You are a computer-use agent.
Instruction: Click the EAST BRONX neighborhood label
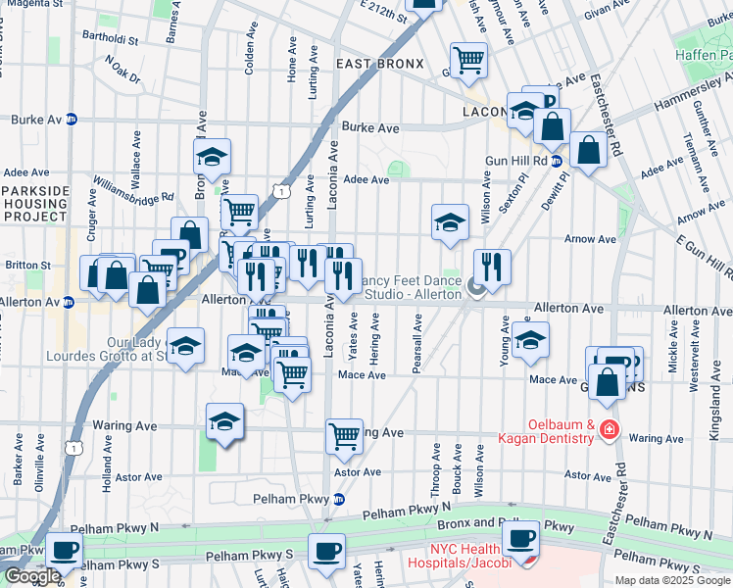point(379,64)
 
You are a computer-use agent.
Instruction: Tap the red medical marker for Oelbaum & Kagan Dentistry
point(609,429)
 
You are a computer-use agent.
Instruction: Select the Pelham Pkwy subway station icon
point(339,499)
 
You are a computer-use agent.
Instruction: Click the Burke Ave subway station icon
point(72,120)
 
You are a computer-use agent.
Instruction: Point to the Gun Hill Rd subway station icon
point(556,161)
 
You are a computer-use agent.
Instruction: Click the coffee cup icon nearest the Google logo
point(65,553)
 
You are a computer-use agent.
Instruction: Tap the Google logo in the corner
point(32,576)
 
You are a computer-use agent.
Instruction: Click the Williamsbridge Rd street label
point(134,189)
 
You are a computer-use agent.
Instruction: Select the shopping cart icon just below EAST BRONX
point(469,61)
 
